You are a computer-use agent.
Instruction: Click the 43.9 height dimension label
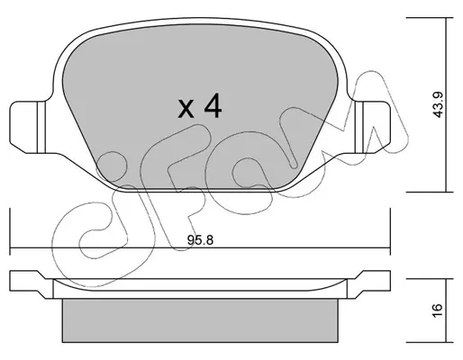coord(439,104)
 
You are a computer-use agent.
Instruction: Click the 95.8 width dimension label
coord(200,240)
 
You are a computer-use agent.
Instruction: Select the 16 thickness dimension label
coord(439,310)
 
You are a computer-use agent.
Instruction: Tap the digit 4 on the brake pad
coord(213,105)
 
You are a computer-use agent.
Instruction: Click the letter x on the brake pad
coord(186,109)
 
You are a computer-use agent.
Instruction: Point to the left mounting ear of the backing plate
coord(27,127)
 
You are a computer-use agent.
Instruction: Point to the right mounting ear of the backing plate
coord(373,127)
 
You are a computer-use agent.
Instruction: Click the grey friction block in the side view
coord(200,320)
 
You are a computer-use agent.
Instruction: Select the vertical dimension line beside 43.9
coord(447,104)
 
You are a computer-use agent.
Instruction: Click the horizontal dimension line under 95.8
coord(200,248)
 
